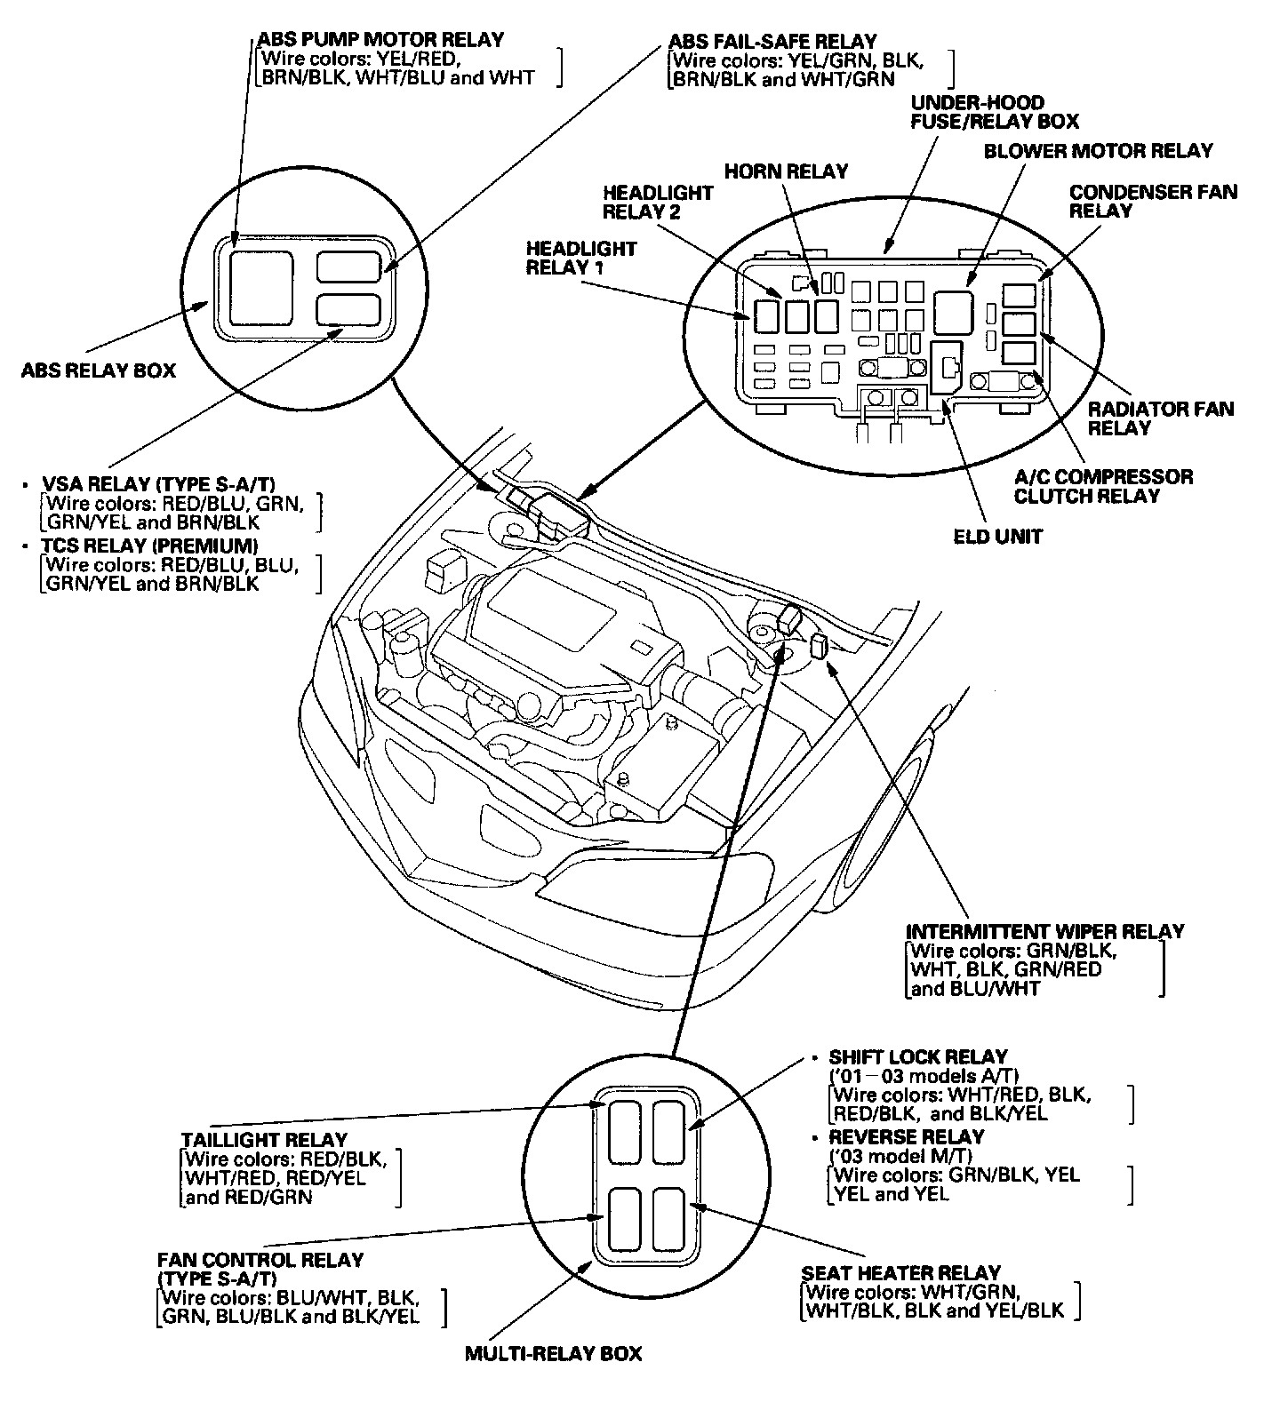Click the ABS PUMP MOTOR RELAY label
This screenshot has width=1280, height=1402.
[x=380, y=40]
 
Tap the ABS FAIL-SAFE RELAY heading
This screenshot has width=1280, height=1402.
[x=772, y=42]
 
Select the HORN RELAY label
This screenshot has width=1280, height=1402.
[x=786, y=171]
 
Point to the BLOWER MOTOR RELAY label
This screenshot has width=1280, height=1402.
[x=1098, y=151]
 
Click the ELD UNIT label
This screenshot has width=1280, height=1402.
[x=998, y=537]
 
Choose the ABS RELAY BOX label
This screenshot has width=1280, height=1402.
[x=99, y=370]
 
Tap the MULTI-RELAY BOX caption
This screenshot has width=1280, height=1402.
[x=553, y=1354]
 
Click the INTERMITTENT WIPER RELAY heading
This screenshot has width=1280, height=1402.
[x=1044, y=932]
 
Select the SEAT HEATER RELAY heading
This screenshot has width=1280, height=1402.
[x=900, y=1273]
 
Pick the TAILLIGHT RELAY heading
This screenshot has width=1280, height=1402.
[x=264, y=1140]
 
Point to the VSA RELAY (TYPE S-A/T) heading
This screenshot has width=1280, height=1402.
[x=159, y=484]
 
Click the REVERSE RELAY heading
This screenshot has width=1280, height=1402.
[x=907, y=1137]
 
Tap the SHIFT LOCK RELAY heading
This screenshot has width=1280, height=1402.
[x=918, y=1057]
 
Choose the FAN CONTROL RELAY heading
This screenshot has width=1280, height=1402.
[x=260, y=1261]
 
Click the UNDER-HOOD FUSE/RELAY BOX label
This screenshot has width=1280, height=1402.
[x=994, y=112]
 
